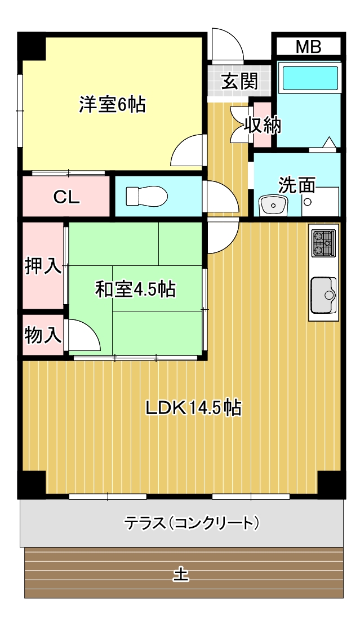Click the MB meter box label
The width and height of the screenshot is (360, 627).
pyautogui.click(x=308, y=47)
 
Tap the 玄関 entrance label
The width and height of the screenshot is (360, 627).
pyautogui.click(x=239, y=82)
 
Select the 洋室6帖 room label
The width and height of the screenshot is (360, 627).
pyautogui.click(x=112, y=104)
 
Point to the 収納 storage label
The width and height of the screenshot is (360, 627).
pyautogui.click(x=263, y=126)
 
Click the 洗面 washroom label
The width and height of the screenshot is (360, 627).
pyautogui.click(x=297, y=185)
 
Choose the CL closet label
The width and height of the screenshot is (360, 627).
pyautogui.click(x=66, y=197)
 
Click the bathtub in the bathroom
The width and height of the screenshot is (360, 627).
pyautogui.click(x=310, y=78)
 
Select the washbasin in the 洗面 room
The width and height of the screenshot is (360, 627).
pyautogui.click(x=273, y=206)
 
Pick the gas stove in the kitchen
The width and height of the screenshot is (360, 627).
pyautogui.click(x=323, y=244)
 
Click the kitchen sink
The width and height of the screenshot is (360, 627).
pyautogui.click(x=323, y=295)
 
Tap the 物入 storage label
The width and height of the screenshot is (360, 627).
pyautogui.click(x=43, y=334)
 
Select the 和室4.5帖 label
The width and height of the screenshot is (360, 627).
pyautogui.click(x=135, y=288)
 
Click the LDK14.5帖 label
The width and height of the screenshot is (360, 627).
pyautogui.click(x=193, y=408)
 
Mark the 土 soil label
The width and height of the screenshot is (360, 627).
pyautogui.click(x=181, y=575)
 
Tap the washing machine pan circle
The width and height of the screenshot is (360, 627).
pyautogui.click(x=308, y=202)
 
